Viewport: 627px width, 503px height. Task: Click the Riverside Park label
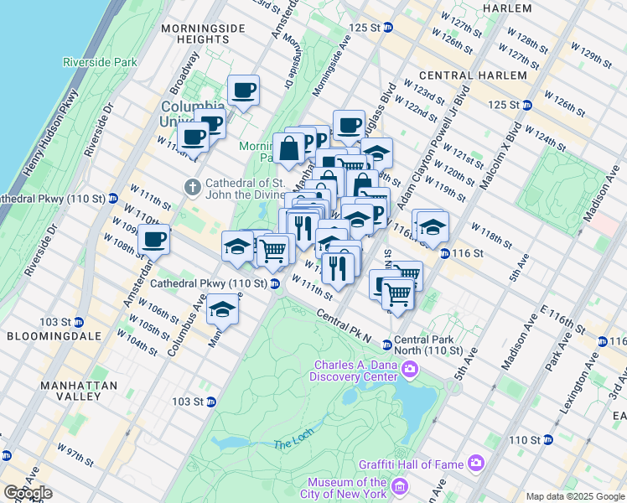99,62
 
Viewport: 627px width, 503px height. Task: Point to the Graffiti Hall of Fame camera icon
476,462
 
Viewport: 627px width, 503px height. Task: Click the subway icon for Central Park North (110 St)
387,345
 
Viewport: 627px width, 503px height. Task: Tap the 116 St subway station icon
444,254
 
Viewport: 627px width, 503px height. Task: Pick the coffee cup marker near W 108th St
154,240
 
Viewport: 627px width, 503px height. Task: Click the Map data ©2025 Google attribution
574,496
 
